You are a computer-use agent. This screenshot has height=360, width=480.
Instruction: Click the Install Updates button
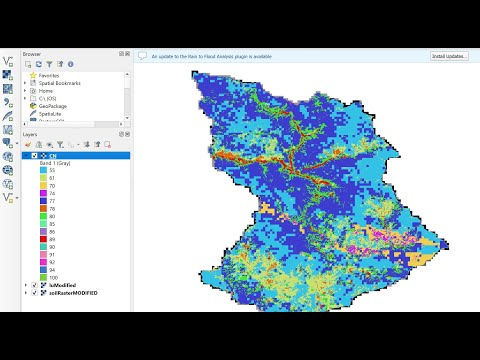(x=449, y=56)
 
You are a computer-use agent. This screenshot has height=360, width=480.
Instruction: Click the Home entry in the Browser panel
(x=46, y=90)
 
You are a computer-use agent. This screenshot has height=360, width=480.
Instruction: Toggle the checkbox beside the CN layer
(x=35, y=155)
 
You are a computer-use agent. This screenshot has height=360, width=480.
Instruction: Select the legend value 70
(x=51, y=186)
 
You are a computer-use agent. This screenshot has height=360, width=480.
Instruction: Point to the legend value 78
(x=51, y=208)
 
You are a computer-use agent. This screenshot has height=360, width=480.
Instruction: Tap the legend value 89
(x=51, y=240)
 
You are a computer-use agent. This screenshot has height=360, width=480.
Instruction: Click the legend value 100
(x=52, y=276)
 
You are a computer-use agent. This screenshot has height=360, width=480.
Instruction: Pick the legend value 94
(x=51, y=269)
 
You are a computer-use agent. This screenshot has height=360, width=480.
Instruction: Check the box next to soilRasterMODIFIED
(x=35, y=293)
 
